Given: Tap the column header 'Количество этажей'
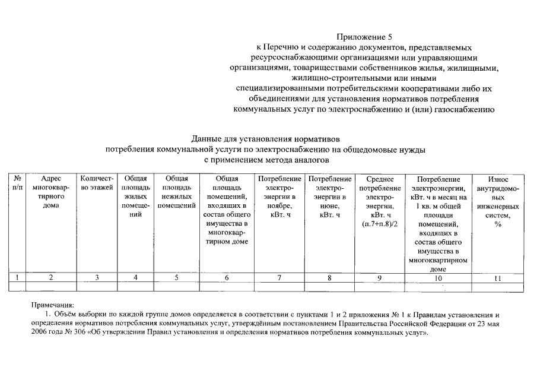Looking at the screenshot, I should (97, 183).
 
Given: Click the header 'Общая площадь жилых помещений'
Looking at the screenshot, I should (135, 196).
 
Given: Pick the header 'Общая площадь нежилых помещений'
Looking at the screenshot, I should (176, 192).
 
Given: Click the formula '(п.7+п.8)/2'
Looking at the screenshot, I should (379, 224).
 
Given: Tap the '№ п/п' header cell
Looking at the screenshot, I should (18, 183).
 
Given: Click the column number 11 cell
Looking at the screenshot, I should (498, 277).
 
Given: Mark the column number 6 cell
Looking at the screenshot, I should (226, 277).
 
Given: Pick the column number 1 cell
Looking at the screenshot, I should (18, 277).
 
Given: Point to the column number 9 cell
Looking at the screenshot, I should (379, 277).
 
